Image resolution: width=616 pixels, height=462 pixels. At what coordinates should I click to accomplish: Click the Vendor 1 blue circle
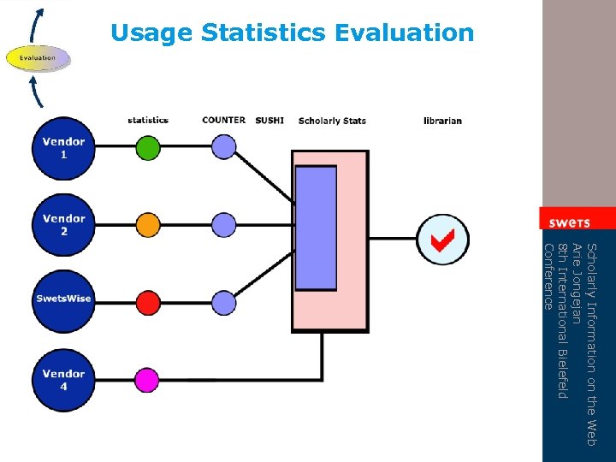tap(63, 148)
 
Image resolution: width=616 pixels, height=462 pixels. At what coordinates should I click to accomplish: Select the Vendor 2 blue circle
tap(63, 225)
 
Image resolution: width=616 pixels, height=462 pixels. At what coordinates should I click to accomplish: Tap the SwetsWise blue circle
tap(63, 299)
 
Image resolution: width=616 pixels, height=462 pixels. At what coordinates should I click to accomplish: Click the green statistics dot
tap(148, 148)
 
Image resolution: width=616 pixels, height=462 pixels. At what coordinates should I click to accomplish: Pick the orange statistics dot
tap(148, 225)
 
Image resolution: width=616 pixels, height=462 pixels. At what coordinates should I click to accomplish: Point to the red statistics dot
tap(148, 302)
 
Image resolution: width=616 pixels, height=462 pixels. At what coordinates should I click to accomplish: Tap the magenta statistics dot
tap(148, 379)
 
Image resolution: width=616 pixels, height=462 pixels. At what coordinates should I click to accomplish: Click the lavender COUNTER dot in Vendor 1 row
tap(223, 147)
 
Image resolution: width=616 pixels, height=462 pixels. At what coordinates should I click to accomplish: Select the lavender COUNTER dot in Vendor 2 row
tap(223, 225)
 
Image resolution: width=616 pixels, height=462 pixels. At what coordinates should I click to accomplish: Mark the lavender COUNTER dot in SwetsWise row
tap(223, 302)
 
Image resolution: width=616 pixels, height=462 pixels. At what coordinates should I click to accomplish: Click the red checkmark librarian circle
tap(441, 240)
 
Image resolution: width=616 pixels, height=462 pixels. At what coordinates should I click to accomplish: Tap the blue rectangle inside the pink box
tap(316, 228)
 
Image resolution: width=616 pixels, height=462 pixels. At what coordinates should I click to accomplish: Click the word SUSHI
tap(269, 121)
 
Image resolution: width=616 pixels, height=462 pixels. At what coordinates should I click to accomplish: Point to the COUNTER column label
tap(224, 120)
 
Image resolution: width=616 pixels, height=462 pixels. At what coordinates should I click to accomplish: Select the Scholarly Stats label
tap(332, 121)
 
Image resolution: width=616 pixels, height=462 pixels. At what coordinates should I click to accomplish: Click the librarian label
tap(442, 121)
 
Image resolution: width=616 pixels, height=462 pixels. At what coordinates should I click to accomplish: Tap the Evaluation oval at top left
tap(38, 58)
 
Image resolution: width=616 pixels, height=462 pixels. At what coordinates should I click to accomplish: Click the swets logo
tap(570, 222)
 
